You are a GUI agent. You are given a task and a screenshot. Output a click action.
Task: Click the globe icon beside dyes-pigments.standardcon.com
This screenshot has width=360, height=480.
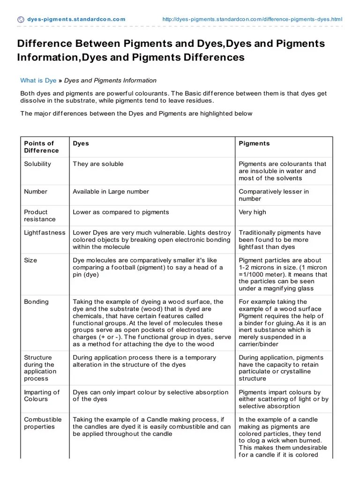coord(21,19)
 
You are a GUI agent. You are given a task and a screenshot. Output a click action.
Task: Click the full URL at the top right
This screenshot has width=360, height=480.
coord(252,19)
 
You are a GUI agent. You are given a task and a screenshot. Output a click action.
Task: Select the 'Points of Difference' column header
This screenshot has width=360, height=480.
coord(41,147)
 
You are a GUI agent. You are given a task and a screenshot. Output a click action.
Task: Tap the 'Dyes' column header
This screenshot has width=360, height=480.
coord(81,143)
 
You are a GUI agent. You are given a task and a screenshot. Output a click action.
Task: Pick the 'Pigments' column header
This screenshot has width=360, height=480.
coord(254,143)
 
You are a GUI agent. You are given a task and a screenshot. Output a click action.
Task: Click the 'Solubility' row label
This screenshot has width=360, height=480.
coord(37,164)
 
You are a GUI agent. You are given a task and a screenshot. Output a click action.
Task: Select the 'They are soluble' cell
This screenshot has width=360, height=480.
coord(98,164)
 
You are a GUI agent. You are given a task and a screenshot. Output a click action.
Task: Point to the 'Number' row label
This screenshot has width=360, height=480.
coord(36,191)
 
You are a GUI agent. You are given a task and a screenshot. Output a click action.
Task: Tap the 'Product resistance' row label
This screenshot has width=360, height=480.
coord(40,216)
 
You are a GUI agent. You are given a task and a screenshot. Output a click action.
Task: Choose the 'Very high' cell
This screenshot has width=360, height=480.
coord(252,212)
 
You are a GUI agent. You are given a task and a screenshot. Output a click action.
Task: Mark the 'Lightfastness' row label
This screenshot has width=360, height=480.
coord(45,232)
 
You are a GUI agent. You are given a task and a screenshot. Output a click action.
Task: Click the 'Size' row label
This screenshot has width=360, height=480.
coord(30,260)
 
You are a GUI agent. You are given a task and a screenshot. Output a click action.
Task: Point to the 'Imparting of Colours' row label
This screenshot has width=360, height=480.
coord(42,396)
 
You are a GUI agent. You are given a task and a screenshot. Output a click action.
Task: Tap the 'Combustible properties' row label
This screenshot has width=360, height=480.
coord(43,423)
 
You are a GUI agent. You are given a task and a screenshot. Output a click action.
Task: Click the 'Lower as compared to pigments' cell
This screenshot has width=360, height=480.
coord(121,212)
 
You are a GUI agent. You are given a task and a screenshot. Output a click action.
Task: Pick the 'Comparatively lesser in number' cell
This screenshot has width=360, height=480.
coord(274,195)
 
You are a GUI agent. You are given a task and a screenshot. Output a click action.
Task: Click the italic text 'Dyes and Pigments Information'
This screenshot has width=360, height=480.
coord(110,81)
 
